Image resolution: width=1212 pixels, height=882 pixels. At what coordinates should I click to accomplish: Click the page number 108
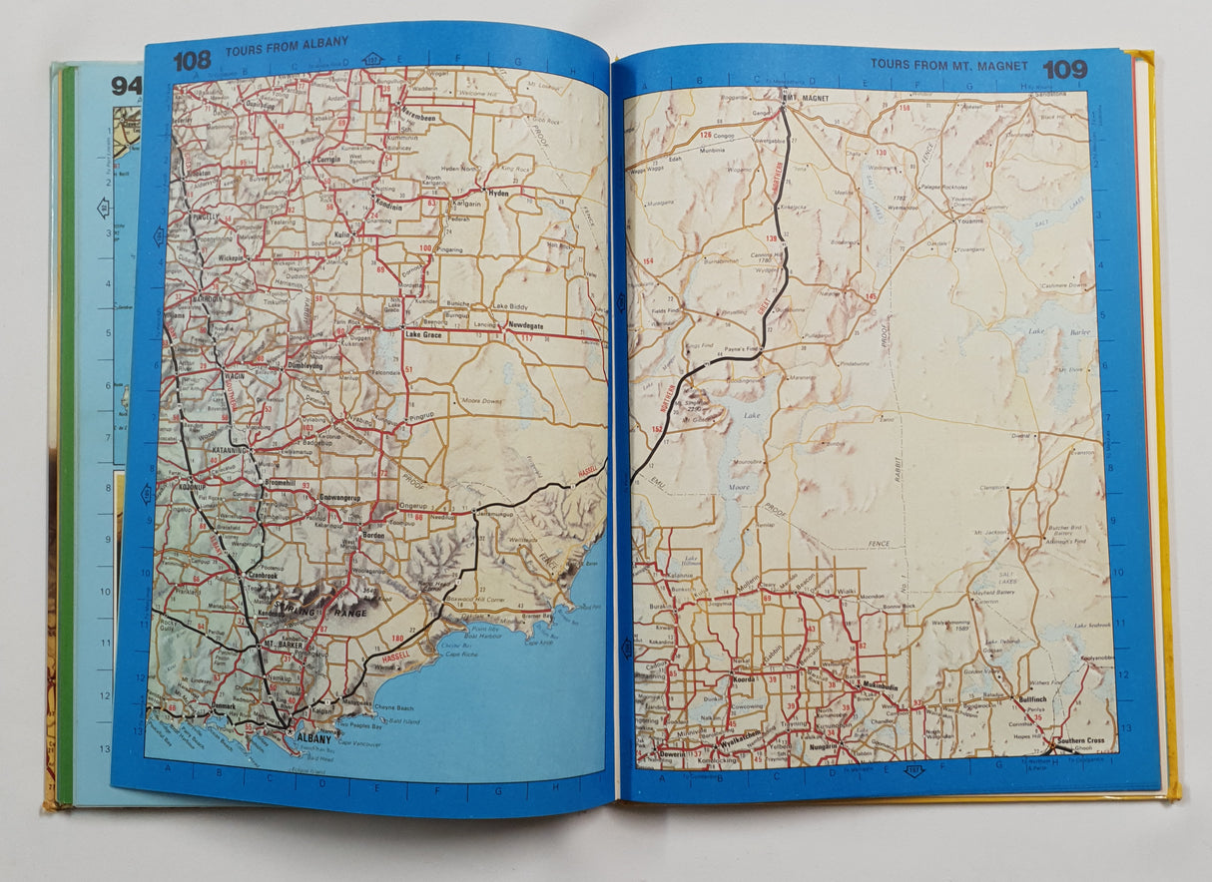pos(192,60)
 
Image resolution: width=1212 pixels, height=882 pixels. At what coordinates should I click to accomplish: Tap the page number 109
pos(1064,69)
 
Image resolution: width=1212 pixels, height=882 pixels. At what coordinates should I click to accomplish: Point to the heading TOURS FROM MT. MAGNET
pos(948,64)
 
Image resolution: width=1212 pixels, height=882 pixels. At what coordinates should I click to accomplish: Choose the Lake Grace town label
pos(425,335)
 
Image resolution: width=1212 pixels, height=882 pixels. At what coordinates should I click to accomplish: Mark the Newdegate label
pos(530,326)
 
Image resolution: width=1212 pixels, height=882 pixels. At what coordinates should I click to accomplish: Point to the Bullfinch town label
pos(1033,701)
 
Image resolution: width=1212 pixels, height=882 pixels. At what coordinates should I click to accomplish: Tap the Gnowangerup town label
pos(338,495)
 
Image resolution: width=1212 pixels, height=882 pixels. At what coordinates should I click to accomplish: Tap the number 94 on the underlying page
pos(126,87)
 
